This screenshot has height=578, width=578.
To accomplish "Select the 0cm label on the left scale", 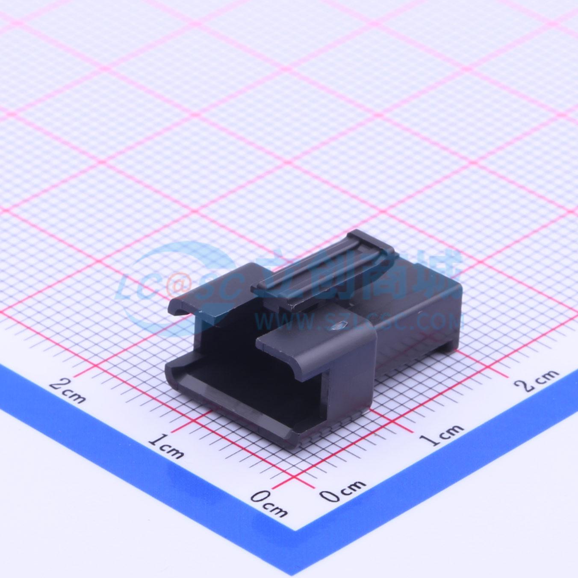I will [268, 503].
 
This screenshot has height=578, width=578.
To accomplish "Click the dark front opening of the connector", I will [239, 351].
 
